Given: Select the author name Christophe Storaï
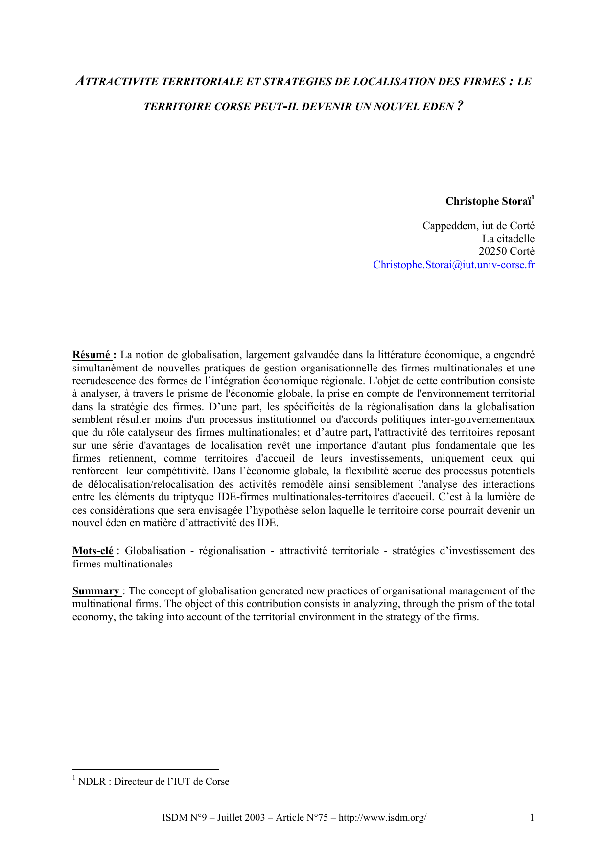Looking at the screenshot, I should coord(488,202).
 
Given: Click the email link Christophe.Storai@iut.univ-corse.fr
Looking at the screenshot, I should coord(453,265).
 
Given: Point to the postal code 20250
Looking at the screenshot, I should coord(492,252).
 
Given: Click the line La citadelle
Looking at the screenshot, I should coord(508,239).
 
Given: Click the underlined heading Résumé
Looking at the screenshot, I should coord(92,355).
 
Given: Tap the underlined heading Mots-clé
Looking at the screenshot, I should coord(93,551).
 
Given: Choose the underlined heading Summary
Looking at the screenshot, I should coord(96,591).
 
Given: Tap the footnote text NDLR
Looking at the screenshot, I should coord(92,782).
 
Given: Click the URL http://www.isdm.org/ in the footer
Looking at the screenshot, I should coord(382,818).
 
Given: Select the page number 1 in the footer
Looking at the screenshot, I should coord(532,818).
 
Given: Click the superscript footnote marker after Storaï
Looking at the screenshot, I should coord(533,198).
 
